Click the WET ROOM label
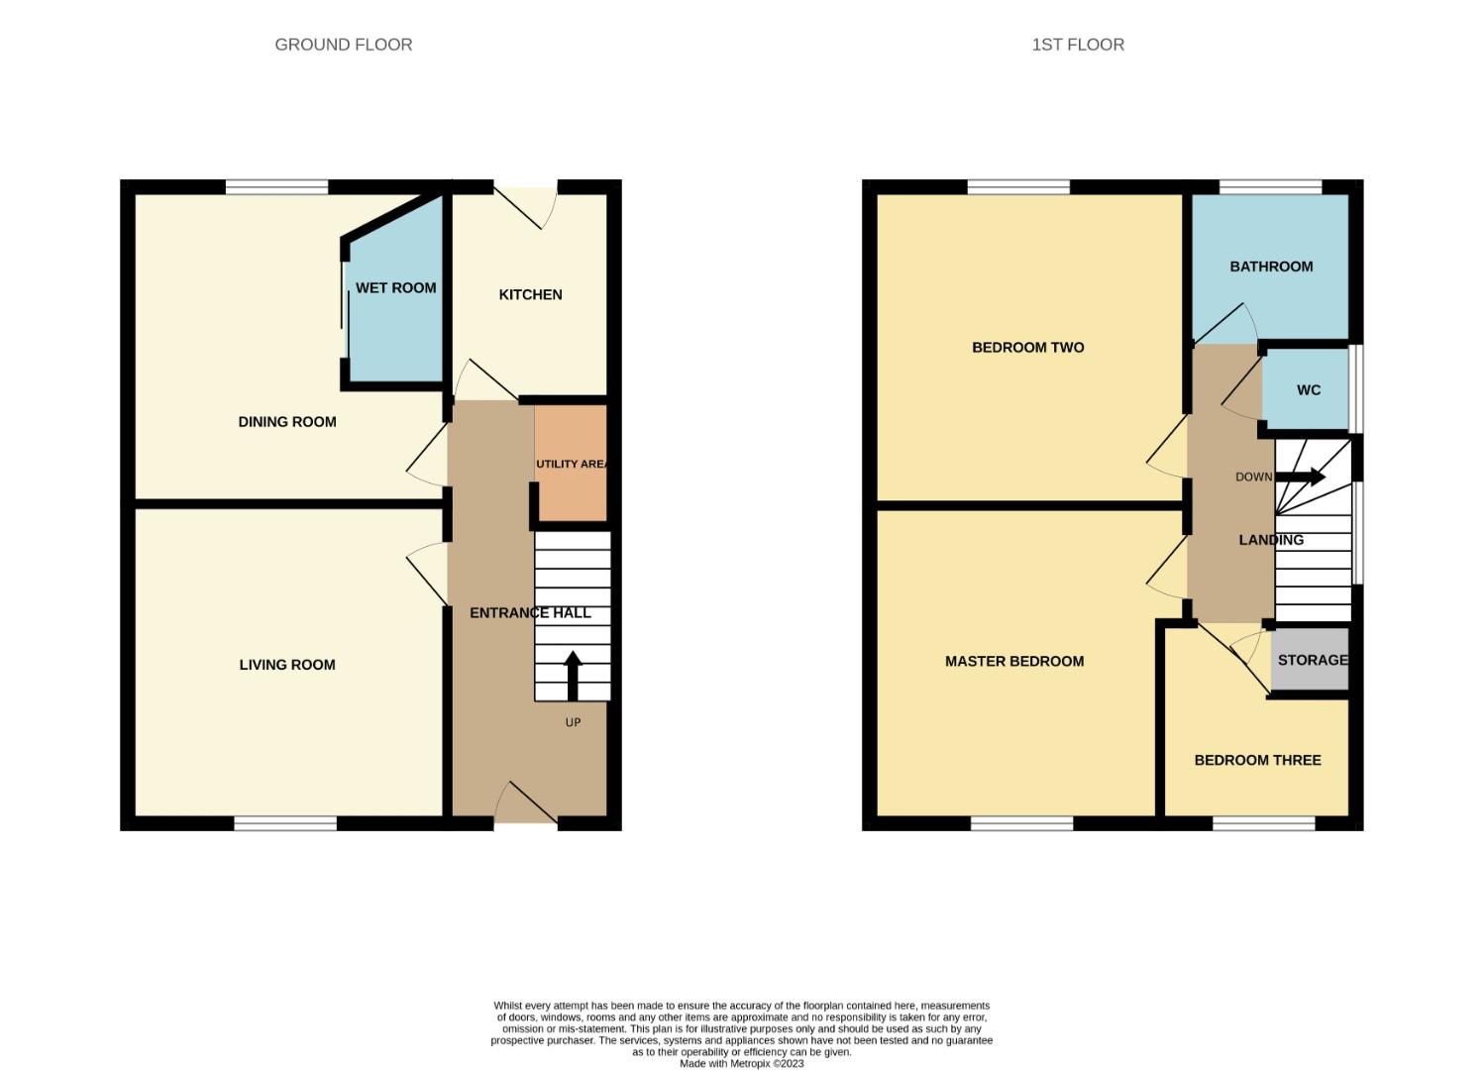point(395,288)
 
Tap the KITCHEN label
point(530,294)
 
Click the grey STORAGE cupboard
point(1311,660)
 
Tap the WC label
point(1308,390)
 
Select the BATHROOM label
point(1271,267)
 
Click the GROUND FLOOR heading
point(343,45)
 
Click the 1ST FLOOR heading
point(1078,45)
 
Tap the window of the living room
point(285,823)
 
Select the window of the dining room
point(276,186)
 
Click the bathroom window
point(1270,186)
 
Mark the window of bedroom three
point(1264,823)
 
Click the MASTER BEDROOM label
point(1014,662)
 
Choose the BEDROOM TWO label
point(1027,348)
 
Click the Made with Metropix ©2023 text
point(741,1064)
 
